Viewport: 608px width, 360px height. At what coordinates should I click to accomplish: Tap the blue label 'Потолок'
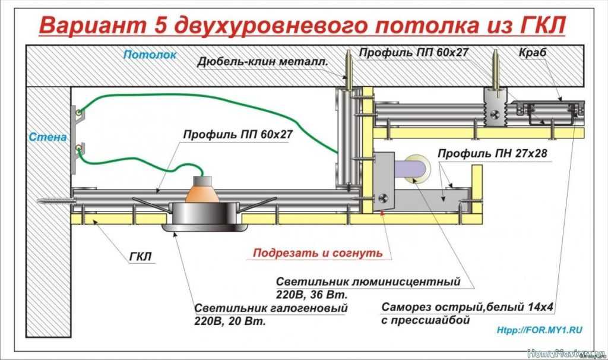tap(150, 55)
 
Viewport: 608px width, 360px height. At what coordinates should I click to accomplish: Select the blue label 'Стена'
tap(47, 137)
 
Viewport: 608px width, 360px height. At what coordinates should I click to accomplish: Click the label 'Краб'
tap(531, 53)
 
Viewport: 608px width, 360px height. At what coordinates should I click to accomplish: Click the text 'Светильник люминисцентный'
tap(369, 280)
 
